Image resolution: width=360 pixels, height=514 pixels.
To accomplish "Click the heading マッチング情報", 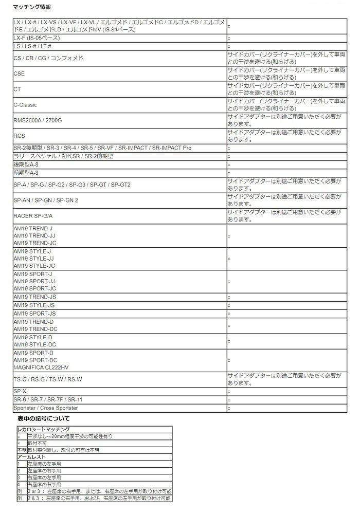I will coord(32,8).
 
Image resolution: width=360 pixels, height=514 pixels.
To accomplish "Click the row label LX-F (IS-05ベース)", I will coord(37,38).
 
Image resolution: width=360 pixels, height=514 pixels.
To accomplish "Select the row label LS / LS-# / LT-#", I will coord(32,47).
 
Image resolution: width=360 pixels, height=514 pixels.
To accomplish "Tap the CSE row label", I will coord(19,74).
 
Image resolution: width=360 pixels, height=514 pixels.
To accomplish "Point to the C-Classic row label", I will coord(25,105).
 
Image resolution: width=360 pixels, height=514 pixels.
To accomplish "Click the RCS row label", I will coord(19,136).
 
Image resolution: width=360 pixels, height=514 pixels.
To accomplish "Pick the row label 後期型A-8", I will coord(26,164).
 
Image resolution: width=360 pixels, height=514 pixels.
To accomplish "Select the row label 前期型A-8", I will coord(26,173).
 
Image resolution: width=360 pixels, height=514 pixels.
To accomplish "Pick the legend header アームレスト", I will coord(32,456).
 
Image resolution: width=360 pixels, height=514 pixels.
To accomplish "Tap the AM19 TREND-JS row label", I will coord(34,297).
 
